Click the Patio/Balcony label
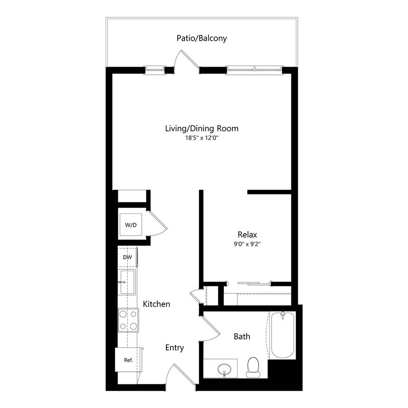pos(202,38)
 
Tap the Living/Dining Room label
pos(202,128)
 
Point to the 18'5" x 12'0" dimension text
pos(202,138)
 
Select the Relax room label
pos(247,234)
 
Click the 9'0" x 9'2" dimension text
pos(247,244)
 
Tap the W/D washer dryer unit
pos(131,225)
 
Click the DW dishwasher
pos(127,257)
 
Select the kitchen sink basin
pos(127,282)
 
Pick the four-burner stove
pos(128,320)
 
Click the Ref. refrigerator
pos(129,360)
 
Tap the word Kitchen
pos(156,304)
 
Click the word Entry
pos(175,348)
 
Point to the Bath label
pos(242,336)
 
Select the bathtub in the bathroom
pos(283,335)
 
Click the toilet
pos(253,367)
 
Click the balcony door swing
pos(187,60)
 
